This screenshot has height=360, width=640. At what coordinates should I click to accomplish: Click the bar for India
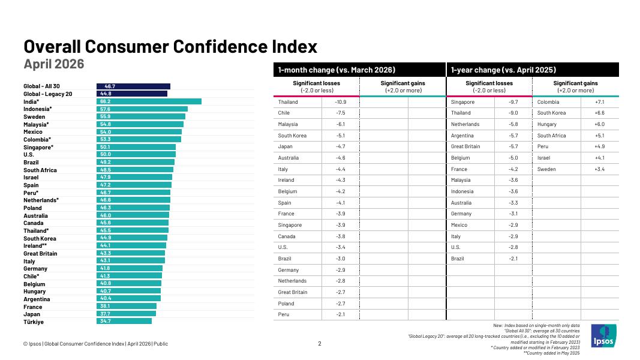[x=149, y=101]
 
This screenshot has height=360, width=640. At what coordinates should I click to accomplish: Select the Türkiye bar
[x=124, y=321]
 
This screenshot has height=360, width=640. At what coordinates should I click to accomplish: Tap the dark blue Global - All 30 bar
[x=134, y=86]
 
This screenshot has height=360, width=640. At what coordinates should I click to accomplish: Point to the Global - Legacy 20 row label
[x=48, y=94]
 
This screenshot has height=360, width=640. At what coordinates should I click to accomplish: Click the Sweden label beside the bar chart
[x=34, y=117]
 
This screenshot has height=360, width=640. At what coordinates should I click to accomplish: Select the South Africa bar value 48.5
[x=106, y=170]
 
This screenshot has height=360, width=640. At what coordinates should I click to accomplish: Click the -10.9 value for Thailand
[x=341, y=102]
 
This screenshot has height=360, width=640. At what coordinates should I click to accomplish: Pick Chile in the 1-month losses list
[x=284, y=113]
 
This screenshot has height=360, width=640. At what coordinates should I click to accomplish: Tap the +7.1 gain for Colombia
[x=600, y=102]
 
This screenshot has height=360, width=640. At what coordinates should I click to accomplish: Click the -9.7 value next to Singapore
[x=513, y=102]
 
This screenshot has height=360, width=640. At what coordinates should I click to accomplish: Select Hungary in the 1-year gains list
[x=547, y=124]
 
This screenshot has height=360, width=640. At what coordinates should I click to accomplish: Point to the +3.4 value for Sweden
[x=600, y=169]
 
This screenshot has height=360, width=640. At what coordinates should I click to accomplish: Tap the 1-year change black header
[x=533, y=70]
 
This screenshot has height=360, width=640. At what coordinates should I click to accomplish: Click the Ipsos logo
[x=603, y=335]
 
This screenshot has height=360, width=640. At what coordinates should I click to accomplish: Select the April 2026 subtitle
[x=54, y=64]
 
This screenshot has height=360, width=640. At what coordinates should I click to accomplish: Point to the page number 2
[x=320, y=344]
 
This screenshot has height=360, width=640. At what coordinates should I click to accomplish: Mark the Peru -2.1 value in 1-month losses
[x=341, y=314]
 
